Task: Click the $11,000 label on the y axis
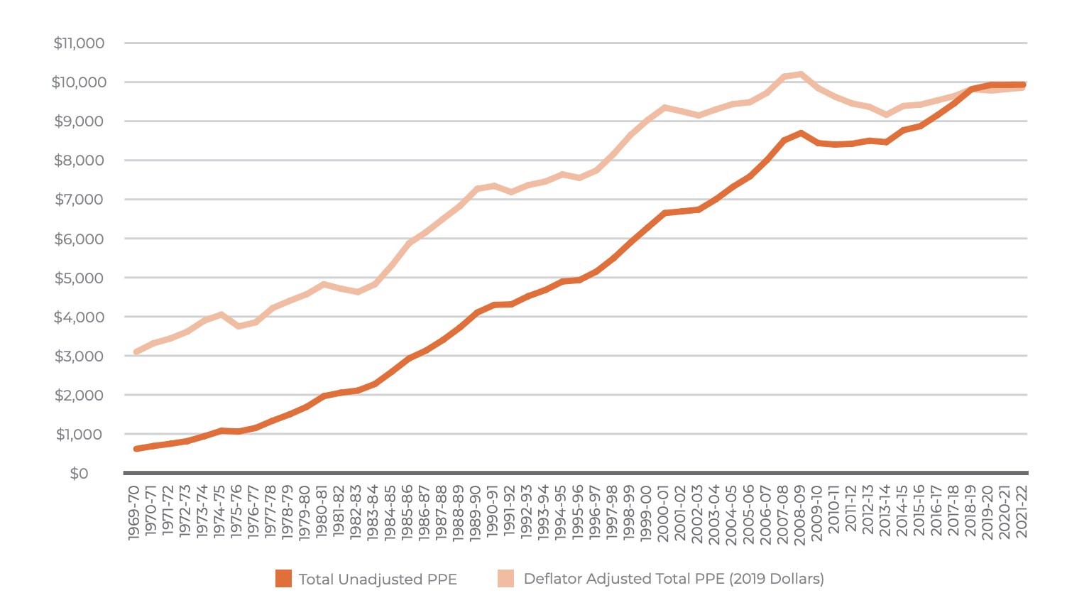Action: (79, 43)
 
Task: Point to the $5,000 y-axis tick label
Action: (79, 278)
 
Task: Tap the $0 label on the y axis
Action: (79, 473)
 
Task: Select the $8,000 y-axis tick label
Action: (79, 160)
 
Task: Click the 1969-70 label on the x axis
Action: (134, 513)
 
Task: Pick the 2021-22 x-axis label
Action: (1022, 513)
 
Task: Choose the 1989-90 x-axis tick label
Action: (476, 513)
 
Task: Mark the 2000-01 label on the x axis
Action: (664, 513)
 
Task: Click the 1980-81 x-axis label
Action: (322, 513)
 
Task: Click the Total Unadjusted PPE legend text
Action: (378, 579)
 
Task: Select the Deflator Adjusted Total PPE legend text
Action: (674, 579)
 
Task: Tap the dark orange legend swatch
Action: (283, 579)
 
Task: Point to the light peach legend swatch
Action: (505, 579)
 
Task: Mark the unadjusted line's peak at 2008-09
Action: (801, 133)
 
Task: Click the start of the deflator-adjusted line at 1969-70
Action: (136, 352)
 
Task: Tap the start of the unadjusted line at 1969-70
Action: (136, 449)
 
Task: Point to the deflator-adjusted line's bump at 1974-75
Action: (221, 314)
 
